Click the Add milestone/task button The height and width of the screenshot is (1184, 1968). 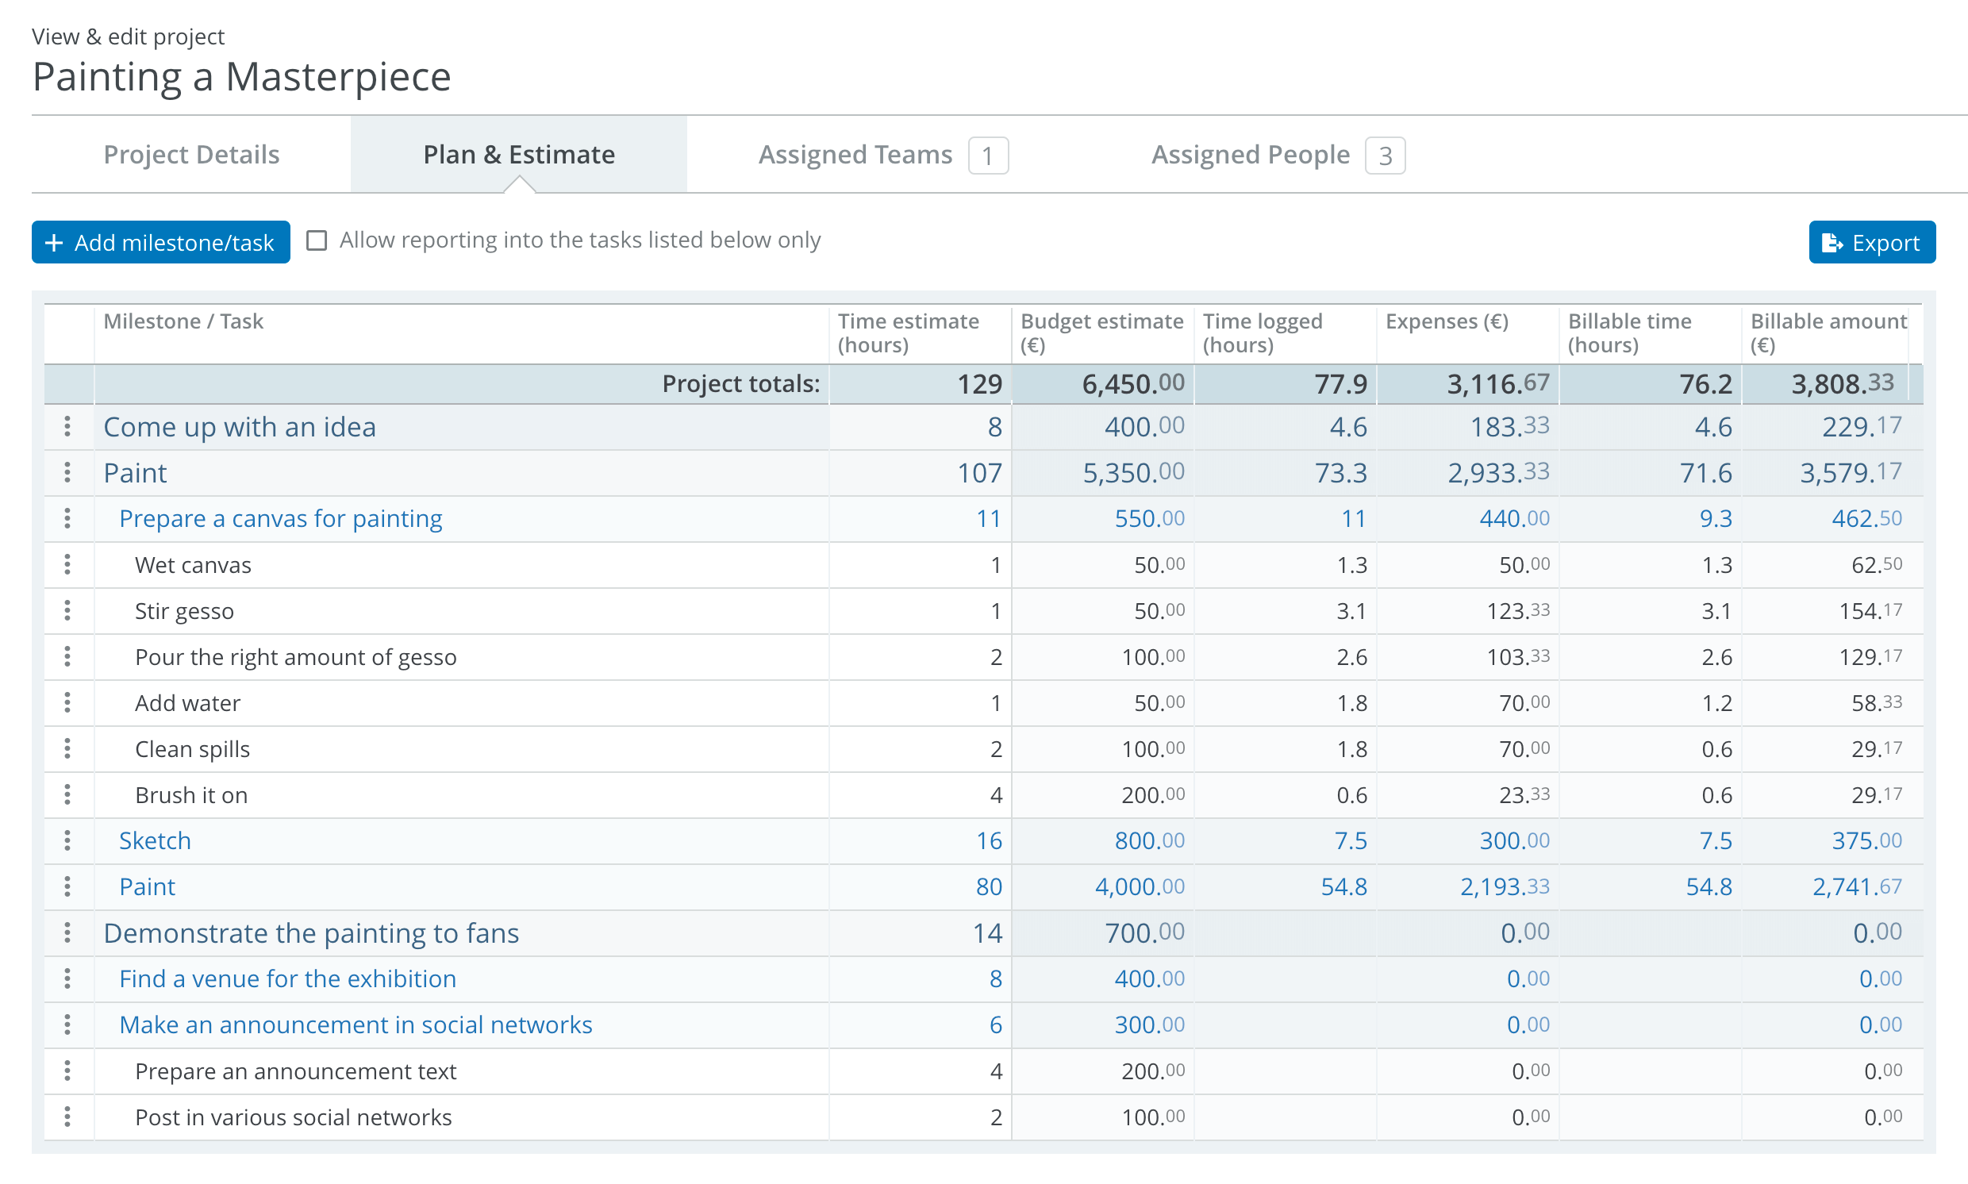pyautogui.click(x=160, y=242)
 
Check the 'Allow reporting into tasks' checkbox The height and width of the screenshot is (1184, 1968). pyautogui.click(x=317, y=240)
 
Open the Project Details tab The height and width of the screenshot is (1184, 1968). pyautogui.click(x=191, y=154)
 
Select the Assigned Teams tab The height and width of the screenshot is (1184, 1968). pyautogui.click(x=855, y=154)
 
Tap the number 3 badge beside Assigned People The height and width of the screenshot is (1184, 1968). pyautogui.click(x=1384, y=156)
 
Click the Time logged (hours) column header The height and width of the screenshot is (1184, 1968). pyautogui.click(x=1262, y=332)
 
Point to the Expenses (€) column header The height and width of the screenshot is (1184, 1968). pyautogui.click(x=1447, y=321)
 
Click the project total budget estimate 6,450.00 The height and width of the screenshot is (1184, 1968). pyautogui.click(x=1132, y=384)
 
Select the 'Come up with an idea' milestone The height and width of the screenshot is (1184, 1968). pyautogui.click(x=240, y=427)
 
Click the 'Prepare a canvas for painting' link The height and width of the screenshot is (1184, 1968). pyautogui.click(x=280, y=519)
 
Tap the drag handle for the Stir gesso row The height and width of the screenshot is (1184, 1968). pyautogui.click(x=67, y=610)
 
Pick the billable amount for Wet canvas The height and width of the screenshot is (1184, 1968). pyautogui.click(x=1875, y=565)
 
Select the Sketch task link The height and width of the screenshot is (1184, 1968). pyautogui.click(x=155, y=840)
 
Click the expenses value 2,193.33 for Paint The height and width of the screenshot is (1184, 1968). pyautogui.click(x=1504, y=886)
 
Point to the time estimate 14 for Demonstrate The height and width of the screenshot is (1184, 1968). pyautogui.click(x=987, y=932)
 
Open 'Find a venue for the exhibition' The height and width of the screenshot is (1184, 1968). pyautogui.click(x=287, y=978)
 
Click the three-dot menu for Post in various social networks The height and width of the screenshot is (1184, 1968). pyautogui.click(x=67, y=1117)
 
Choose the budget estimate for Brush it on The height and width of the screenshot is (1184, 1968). pyautogui.click(x=1152, y=794)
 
